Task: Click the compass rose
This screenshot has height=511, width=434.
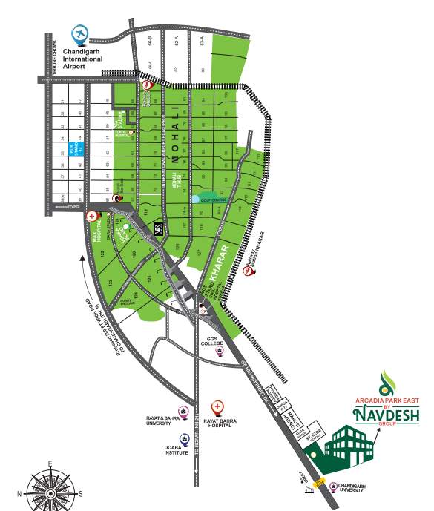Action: coord(49,487)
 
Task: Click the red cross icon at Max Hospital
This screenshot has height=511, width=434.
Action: coord(92,217)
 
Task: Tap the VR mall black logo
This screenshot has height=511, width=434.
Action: coord(158,230)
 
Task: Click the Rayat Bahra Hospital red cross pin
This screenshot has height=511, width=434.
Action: coord(217,407)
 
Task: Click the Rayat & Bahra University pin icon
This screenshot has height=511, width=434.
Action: coord(183,410)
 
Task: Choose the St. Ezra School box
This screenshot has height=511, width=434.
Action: coord(313,443)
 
